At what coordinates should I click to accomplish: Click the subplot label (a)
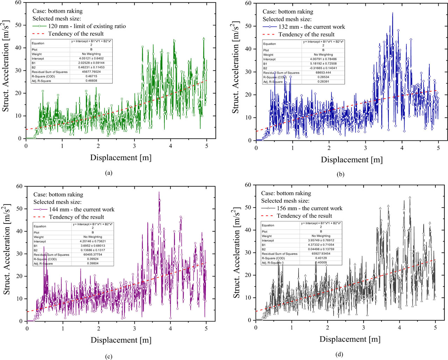click(108, 173)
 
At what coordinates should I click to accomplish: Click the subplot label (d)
click(339, 354)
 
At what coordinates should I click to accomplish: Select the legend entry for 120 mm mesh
click(87, 26)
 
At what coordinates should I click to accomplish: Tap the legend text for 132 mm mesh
click(311, 27)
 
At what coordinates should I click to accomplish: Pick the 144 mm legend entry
click(82, 209)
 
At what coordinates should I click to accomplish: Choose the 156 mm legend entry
click(309, 208)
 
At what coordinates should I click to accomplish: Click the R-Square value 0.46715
click(91, 76)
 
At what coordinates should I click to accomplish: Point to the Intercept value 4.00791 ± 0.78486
click(323, 59)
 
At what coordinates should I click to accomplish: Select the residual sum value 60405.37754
click(93, 255)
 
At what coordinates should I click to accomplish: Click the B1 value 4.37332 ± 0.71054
click(321, 245)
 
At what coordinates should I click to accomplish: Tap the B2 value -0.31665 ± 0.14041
click(323, 68)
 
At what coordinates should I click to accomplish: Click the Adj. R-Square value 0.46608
click(91, 81)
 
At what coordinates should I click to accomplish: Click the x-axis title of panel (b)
click(351, 160)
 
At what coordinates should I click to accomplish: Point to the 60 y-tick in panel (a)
click(18, 2)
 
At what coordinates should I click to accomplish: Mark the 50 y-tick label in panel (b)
click(248, 26)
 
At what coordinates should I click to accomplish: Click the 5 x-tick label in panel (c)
click(206, 328)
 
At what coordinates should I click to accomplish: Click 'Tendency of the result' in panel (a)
click(76, 34)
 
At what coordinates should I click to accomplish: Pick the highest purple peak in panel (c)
click(159, 192)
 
